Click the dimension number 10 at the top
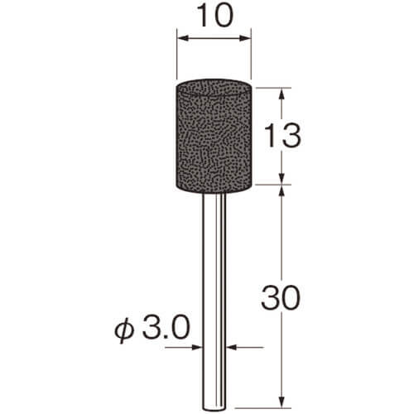pyautogui.click(x=215, y=16)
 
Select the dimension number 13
pyautogui.click(x=282, y=136)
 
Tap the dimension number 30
pyautogui.click(x=281, y=298)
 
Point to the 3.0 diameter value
pyautogui.click(x=166, y=328)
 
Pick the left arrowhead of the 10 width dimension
pyautogui.click(x=183, y=38)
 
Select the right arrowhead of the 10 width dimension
pyautogui.click(x=245, y=38)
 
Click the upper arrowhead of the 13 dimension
pyautogui.click(x=282, y=94)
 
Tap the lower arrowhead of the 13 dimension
pyautogui.click(x=282, y=178)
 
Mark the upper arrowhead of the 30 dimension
pyautogui.click(x=282, y=191)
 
